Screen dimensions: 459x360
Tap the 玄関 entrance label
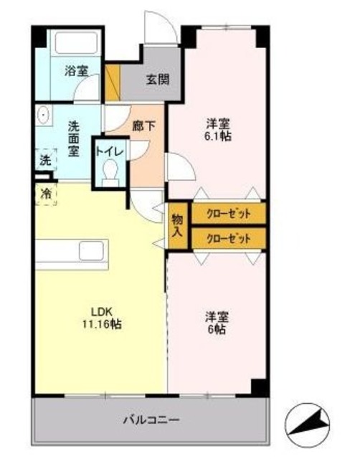click(158, 79)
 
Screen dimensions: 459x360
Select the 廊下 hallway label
click(144, 126)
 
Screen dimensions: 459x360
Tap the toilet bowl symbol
click(110, 172)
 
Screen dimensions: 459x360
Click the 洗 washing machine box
click(45, 161)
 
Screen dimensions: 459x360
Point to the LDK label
click(101, 311)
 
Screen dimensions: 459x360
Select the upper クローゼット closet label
click(229, 214)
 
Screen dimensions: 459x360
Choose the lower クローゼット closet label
click(229, 239)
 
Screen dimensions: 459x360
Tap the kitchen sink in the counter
click(93, 252)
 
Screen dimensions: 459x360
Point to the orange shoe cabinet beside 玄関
click(112, 82)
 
